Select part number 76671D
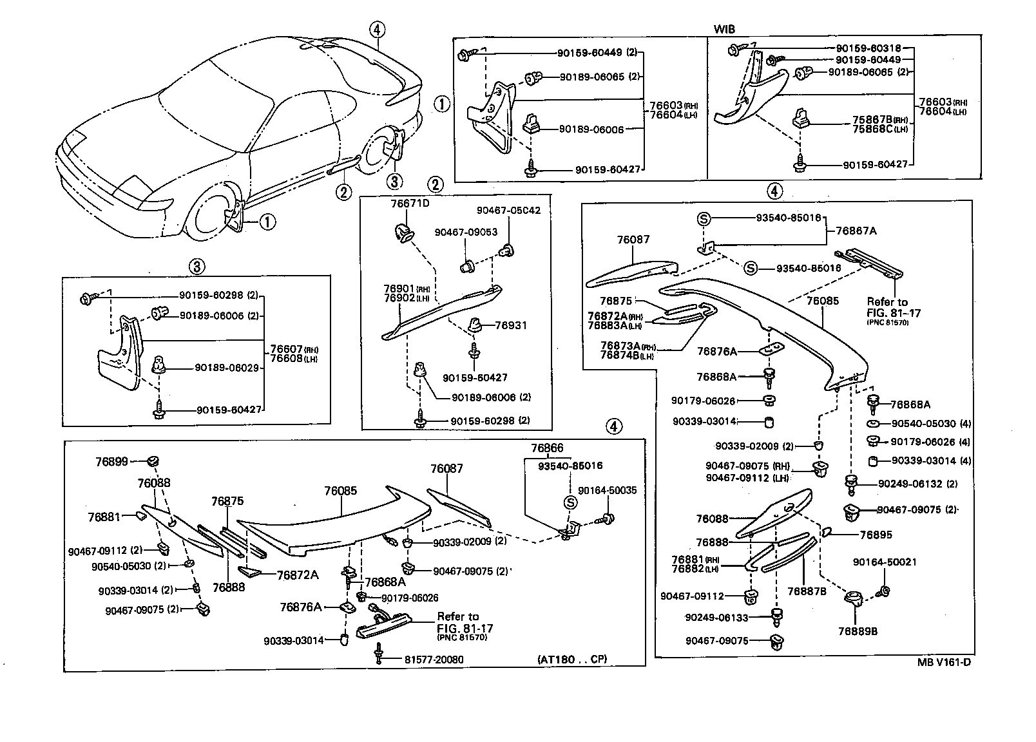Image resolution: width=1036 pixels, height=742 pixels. click(x=409, y=204)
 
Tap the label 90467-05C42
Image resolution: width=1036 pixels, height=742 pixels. click(x=508, y=210)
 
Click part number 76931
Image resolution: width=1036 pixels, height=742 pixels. click(x=510, y=325)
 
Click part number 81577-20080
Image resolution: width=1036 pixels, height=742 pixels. click(x=434, y=659)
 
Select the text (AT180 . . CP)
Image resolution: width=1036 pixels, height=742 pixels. click(x=571, y=659)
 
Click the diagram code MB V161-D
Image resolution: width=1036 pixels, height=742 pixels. click(x=945, y=662)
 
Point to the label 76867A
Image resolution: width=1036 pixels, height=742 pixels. click(x=857, y=230)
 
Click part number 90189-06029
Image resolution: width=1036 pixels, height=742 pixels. click(x=226, y=368)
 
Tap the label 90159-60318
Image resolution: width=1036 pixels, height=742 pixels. click(x=868, y=48)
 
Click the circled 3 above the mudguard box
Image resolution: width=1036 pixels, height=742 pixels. click(x=197, y=265)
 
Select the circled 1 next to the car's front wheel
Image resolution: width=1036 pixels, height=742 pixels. click(x=267, y=223)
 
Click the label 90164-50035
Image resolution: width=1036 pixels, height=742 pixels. click(x=607, y=490)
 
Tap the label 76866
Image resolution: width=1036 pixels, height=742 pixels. click(x=547, y=448)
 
